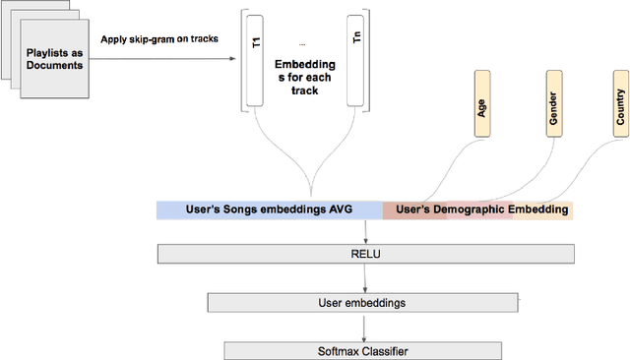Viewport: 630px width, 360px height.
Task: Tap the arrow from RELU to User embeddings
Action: coord(366,278)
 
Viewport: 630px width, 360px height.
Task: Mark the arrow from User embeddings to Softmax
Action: coord(366,328)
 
